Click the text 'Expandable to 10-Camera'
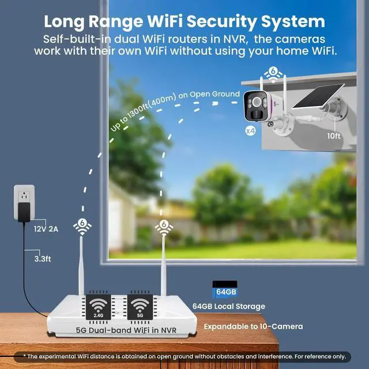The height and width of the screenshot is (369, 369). tap(253, 326)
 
